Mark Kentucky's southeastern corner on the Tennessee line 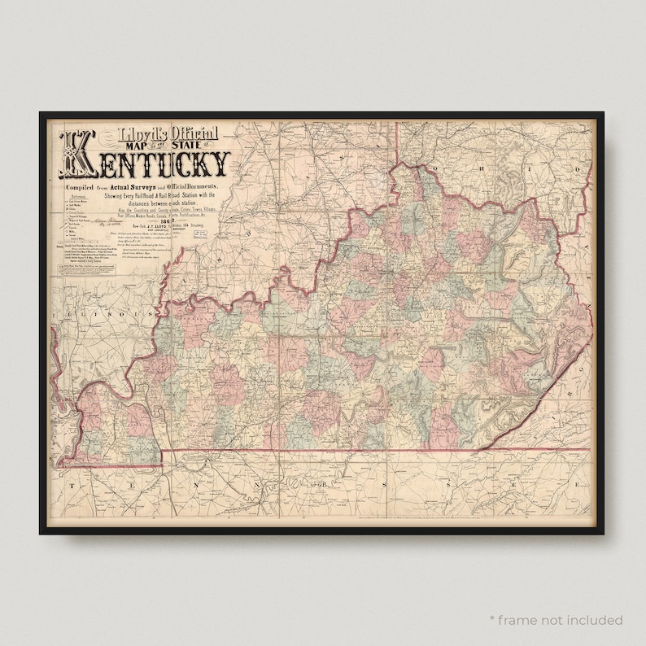pyautogui.click(x=478, y=449)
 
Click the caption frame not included pyautogui.click(x=556, y=620)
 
